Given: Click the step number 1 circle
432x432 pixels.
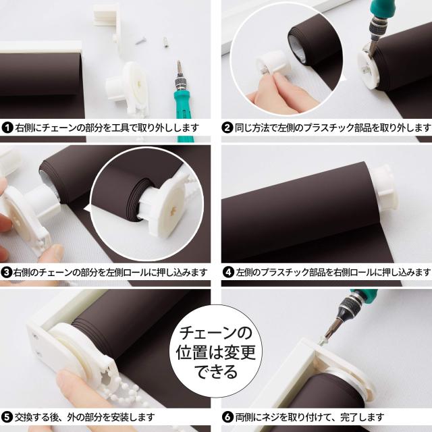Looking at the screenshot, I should coord(8,127).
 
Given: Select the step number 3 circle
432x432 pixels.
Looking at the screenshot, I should coord(8,272).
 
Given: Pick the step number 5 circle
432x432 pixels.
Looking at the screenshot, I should coord(8,417).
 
